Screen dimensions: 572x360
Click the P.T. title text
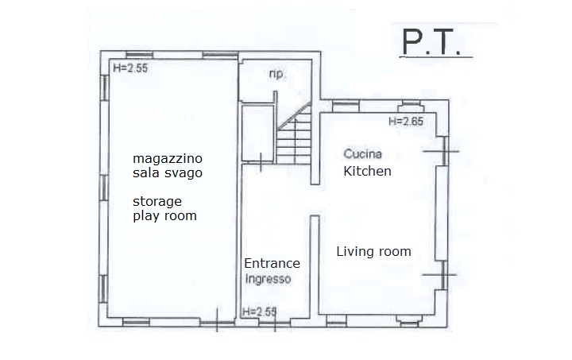click(431, 42)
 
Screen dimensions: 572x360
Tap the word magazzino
click(168, 159)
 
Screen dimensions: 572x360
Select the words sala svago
click(168, 172)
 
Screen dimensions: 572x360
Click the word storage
click(157, 201)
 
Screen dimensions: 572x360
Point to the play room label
click(164, 215)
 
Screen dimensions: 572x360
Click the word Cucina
click(362, 154)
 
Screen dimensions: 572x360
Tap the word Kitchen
click(367, 171)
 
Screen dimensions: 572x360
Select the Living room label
click(373, 251)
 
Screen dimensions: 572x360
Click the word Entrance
click(272, 263)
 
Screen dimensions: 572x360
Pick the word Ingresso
click(269, 279)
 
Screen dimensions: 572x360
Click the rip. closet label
click(276, 74)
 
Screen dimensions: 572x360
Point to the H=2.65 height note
click(406, 121)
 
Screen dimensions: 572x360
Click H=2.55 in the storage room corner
click(130, 68)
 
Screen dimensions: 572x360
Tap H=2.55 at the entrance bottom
click(259, 312)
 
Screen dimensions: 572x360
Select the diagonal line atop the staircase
click(294, 116)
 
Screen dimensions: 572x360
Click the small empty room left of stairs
click(258, 133)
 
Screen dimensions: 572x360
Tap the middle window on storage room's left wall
click(104, 188)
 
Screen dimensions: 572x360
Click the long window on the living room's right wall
click(442, 213)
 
